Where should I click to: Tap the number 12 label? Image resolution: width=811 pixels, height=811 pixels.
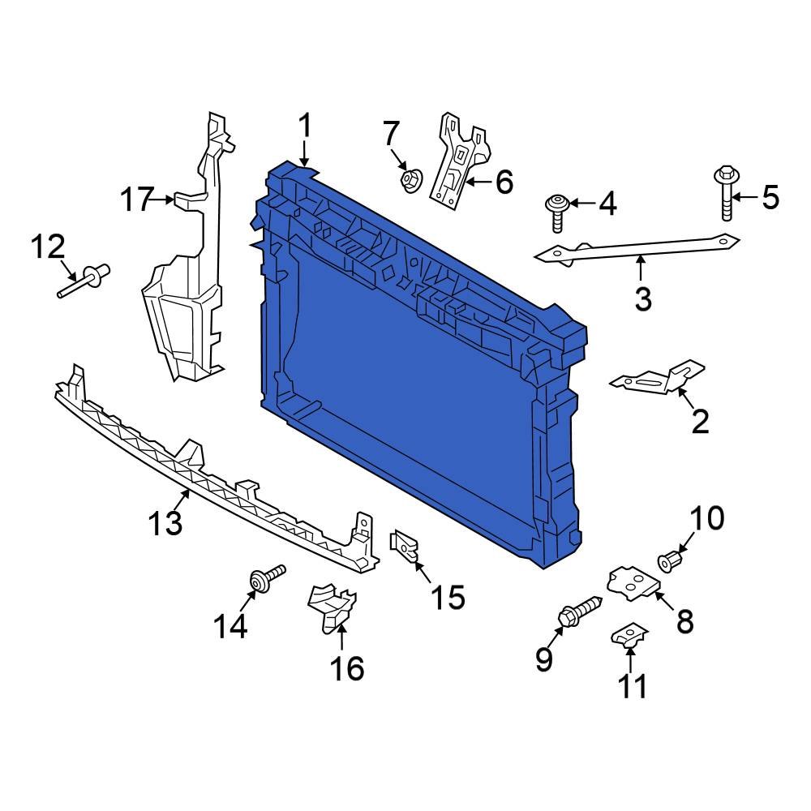48,246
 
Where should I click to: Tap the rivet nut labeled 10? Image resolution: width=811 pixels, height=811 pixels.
670,560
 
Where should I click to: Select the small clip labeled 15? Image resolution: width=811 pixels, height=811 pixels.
405,546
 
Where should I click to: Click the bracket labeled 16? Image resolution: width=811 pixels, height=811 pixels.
332,607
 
